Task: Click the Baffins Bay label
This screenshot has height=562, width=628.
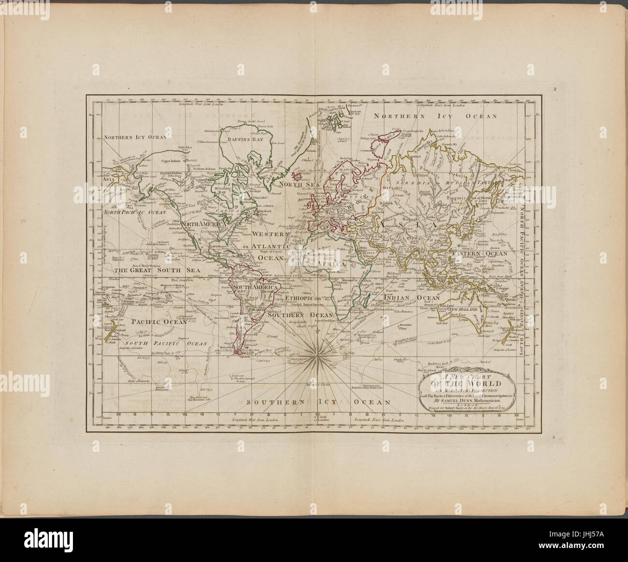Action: [x=238, y=140]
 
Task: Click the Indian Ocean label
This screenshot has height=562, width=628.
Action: [x=412, y=298]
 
